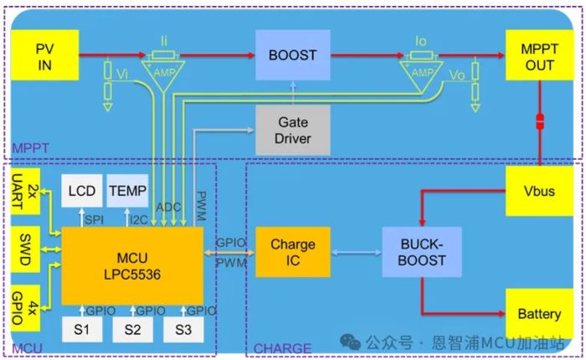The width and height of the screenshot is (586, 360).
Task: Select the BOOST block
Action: point(292,55)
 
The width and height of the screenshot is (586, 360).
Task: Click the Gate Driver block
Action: point(292,130)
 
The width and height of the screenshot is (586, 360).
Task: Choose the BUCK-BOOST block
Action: point(415,252)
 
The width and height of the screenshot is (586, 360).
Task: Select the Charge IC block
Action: point(292,252)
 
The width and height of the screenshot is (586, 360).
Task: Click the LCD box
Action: point(80,192)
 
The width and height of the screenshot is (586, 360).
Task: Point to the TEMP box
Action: point(127,192)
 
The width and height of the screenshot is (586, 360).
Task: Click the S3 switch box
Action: point(183,329)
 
